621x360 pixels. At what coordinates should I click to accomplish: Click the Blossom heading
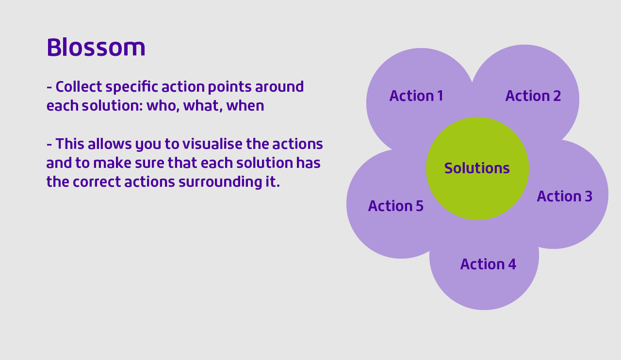(x=96, y=48)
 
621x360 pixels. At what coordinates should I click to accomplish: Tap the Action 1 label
(x=416, y=96)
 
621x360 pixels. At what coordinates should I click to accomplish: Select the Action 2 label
(x=533, y=96)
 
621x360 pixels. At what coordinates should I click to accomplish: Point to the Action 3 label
(x=564, y=196)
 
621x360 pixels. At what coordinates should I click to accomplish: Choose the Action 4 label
(x=488, y=264)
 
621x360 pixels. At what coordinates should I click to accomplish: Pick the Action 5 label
(x=395, y=206)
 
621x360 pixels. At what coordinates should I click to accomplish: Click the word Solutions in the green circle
(x=477, y=168)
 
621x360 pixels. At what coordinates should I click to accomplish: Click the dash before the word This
(x=49, y=144)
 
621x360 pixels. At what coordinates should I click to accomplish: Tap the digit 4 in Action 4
(x=512, y=264)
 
